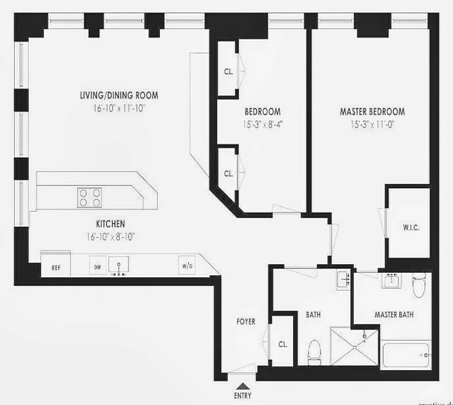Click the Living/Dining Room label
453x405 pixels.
(x=119, y=95)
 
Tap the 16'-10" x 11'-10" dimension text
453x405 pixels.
(x=119, y=107)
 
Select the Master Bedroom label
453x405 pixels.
(x=372, y=112)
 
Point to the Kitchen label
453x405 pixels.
(x=110, y=223)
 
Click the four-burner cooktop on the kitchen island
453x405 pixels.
(x=90, y=197)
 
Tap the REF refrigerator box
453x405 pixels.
(x=56, y=267)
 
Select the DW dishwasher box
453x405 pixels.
(x=97, y=266)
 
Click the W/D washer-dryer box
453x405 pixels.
(x=186, y=266)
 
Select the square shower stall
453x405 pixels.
(x=354, y=346)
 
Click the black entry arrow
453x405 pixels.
(x=242, y=385)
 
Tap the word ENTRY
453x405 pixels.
(x=242, y=396)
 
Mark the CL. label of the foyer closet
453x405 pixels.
(x=282, y=344)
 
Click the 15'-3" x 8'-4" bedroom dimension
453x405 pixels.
(x=263, y=124)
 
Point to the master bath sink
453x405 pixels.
(x=390, y=280)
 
